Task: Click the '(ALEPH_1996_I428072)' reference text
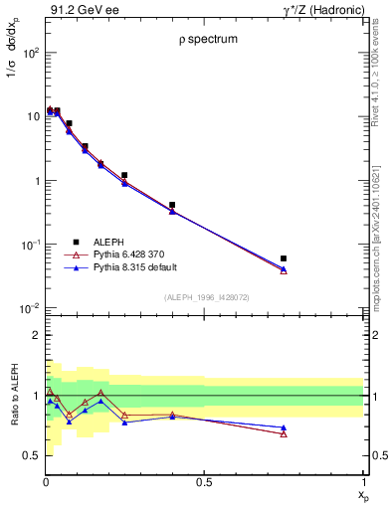coord(207,297)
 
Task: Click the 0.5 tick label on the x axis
coord(204,482)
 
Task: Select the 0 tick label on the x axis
coord(46,482)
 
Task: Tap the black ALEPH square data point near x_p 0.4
coord(172,205)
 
